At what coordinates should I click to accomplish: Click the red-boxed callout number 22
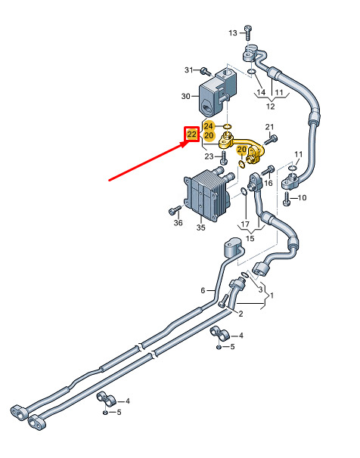pos(191,135)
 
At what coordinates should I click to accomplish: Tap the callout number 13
pos(233,33)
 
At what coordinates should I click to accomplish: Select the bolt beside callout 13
pos(248,32)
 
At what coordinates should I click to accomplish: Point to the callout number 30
pos(185,96)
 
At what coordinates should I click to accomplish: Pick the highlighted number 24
pos(208,126)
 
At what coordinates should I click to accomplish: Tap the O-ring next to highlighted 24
pos(227,126)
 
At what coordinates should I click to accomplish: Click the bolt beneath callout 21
pos(271,141)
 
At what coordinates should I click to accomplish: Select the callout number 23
pos(209,157)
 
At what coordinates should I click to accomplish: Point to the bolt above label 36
pos(175,209)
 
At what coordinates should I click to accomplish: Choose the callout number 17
pos(245,224)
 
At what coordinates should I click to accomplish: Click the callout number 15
pos(250,238)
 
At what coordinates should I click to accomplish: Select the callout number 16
pos(268,183)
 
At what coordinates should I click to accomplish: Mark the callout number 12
pos(271,107)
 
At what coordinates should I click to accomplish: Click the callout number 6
pos(203,291)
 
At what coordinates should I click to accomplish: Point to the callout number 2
pos(241,314)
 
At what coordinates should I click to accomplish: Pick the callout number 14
pos(261,92)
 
